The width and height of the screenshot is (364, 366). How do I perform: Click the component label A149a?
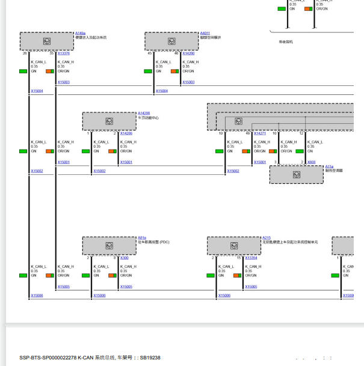click(x=80, y=33)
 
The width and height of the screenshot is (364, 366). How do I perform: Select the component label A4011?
click(x=205, y=33)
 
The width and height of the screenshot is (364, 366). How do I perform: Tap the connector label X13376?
click(x=64, y=53)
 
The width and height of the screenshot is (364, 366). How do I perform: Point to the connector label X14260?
click(x=188, y=53)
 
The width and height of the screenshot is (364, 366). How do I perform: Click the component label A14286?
click(x=144, y=113)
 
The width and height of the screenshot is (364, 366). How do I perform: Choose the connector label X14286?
click(x=126, y=133)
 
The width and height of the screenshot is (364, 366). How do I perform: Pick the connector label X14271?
click(x=260, y=133)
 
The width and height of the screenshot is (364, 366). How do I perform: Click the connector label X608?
click(x=311, y=162)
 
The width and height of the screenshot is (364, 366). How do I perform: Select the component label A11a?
click(x=329, y=166)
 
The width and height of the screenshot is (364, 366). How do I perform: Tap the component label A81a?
click(x=142, y=237)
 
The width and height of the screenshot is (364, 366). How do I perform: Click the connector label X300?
click(x=124, y=257)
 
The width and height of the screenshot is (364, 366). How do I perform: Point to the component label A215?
click(x=266, y=237)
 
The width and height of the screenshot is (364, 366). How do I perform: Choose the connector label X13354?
click(x=251, y=257)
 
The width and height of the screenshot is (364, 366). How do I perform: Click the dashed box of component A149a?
click(x=46, y=41)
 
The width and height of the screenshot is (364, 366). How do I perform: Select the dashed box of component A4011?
click(x=171, y=41)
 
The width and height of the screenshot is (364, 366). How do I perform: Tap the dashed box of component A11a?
click(x=296, y=174)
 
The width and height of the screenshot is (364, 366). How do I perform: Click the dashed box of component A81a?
click(x=109, y=245)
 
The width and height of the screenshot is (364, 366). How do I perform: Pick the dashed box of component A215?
click(x=234, y=245)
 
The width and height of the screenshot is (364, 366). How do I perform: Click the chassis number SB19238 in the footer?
click(x=150, y=357)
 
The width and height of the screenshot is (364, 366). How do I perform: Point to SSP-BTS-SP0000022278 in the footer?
click(x=48, y=357)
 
